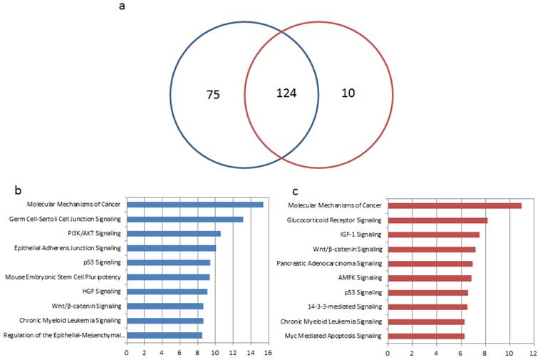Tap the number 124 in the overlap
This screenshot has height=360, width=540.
[x=286, y=93]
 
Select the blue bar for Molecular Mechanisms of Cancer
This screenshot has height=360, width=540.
[x=194, y=205]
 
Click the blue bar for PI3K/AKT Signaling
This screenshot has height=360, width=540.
[x=174, y=233]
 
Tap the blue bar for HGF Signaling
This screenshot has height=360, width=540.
[x=167, y=291]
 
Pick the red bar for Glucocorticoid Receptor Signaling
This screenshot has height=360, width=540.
[x=437, y=220]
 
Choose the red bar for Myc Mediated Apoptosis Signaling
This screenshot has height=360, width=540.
[x=426, y=336]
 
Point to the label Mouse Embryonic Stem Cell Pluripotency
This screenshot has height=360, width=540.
[x=63, y=277]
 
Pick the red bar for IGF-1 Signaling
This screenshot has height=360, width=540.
[x=433, y=235]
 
